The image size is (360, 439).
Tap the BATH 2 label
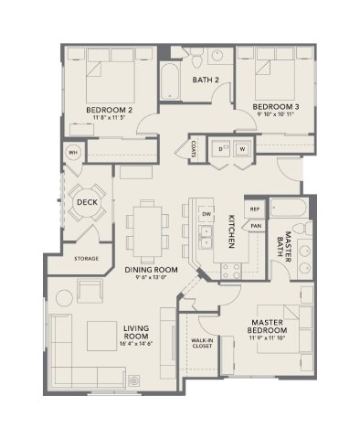[206, 80]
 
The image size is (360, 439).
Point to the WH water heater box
[72, 152]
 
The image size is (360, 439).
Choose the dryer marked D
[221, 148]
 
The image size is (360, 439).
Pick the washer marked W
[242, 148]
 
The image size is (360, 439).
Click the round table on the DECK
[87, 203]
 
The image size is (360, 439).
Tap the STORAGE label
[86, 258]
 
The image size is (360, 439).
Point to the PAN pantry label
[256, 225]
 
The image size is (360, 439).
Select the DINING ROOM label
[151, 270]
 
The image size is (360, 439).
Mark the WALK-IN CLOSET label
[202, 343]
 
